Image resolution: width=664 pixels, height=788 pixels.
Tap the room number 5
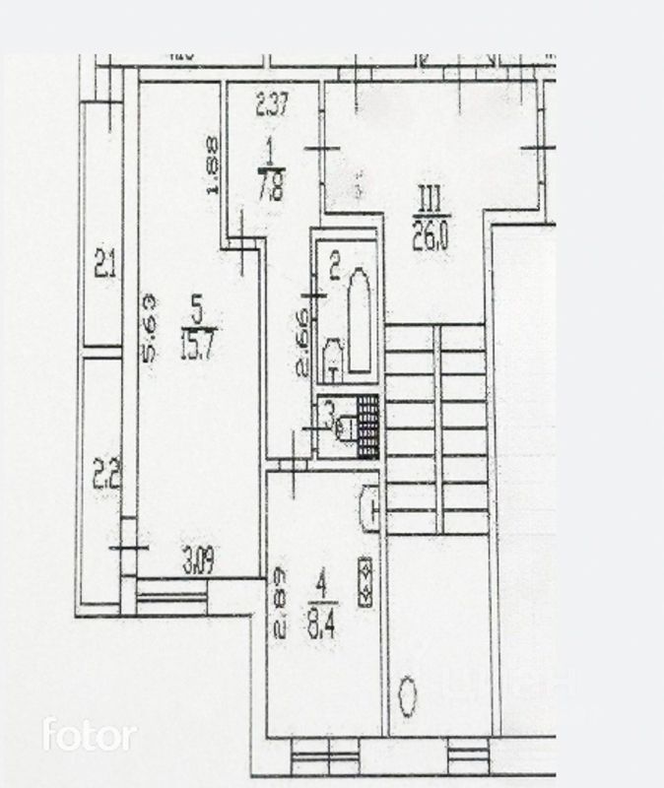197,314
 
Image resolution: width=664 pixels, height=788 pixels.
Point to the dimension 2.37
271,105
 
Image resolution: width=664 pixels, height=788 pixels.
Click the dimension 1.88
212,165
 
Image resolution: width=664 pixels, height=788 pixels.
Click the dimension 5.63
151,328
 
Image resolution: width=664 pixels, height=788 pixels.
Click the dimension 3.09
198,565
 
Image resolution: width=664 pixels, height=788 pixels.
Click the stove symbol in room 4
365,582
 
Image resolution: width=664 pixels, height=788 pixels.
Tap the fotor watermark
89,735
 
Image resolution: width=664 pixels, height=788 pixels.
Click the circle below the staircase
408,696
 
